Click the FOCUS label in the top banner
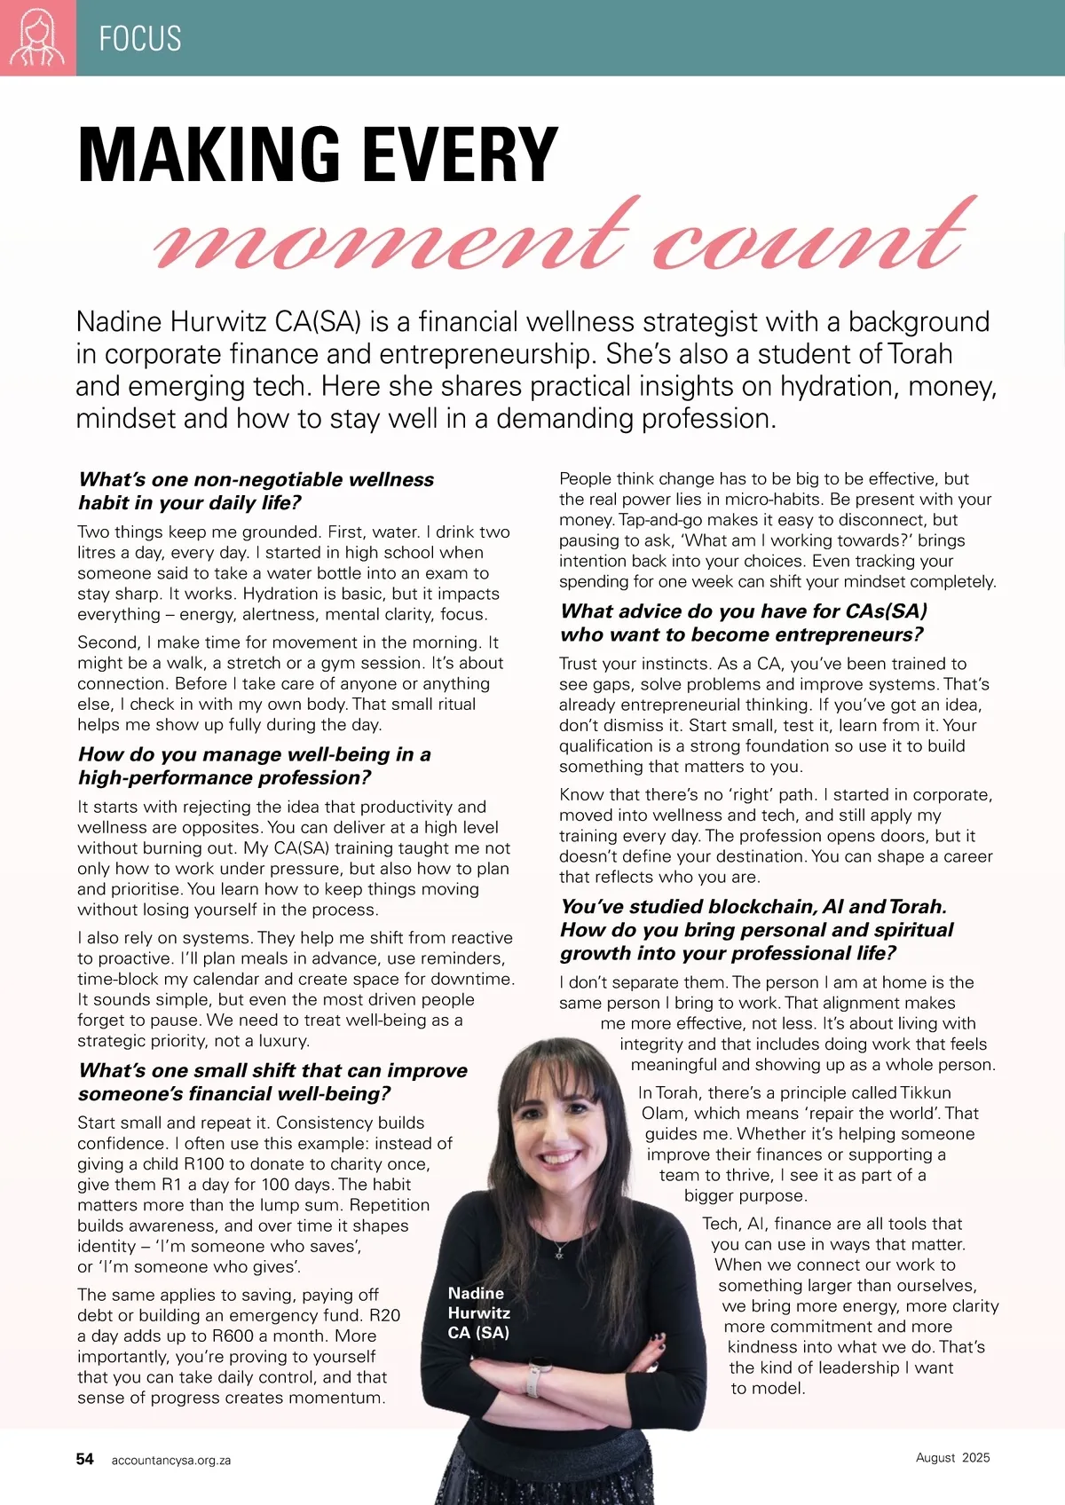click(140, 39)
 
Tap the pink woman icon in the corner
click(37, 38)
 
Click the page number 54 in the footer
click(85, 1459)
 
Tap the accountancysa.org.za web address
click(171, 1460)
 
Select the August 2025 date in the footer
click(952, 1457)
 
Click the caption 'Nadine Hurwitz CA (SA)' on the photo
click(478, 1312)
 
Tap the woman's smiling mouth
click(560, 1157)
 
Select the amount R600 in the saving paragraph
click(233, 1336)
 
